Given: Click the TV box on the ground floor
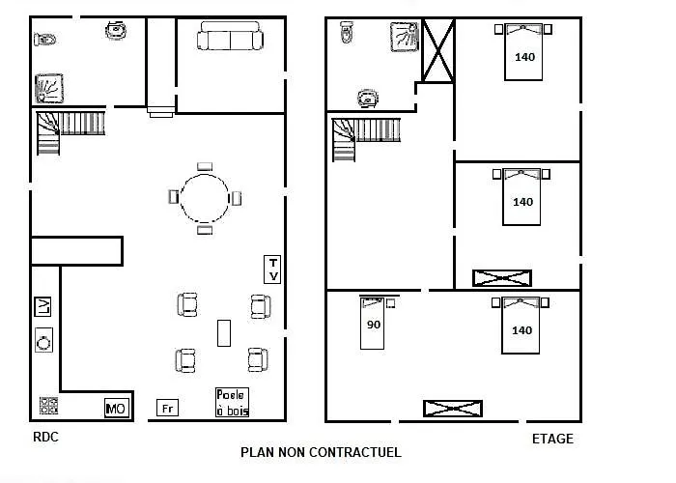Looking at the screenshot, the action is pyautogui.click(x=272, y=270).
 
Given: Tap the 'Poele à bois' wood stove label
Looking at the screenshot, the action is pyautogui.click(x=233, y=403).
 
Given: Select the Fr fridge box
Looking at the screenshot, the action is pyautogui.click(x=167, y=408).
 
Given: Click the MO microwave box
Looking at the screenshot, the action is pyautogui.click(x=117, y=408).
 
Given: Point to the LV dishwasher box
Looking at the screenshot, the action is pyautogui.click(x=42, y=306).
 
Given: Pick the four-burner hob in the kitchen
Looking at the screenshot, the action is pyautogui.click(x=48, y=406).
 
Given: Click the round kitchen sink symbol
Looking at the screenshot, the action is pyautogui.click(x=43, y=340).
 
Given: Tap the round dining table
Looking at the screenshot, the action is pyautogui.click(x=205, y=198).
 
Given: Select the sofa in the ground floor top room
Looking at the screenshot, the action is pyautogui.click(x=230, y=36).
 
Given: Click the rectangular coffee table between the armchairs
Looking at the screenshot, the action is pyautogui.click(x=224, y=333).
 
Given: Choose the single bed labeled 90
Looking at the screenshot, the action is pyautogui.click(x=372, y=323).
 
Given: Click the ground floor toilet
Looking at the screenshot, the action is pyautogui.click(x=44, y=40).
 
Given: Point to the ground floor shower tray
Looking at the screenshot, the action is pyautogui.click(x=49, y=89).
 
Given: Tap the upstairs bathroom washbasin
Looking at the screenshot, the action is pyautogui.click(x=368, y=99).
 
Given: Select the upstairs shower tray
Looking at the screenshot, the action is pyautogui.click(x=405, y=37).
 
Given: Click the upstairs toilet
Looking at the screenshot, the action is pyautogui.click(x=347, y=32).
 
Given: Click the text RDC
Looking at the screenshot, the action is pyautogui.click(x=45, y=437).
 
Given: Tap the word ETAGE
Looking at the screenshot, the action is pyautogui.click(x=552, y=439).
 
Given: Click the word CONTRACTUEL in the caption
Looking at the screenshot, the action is pyautogui.click(x=355, y=452).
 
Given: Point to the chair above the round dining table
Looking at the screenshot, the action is pyautogui.click(x=205, y=166).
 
